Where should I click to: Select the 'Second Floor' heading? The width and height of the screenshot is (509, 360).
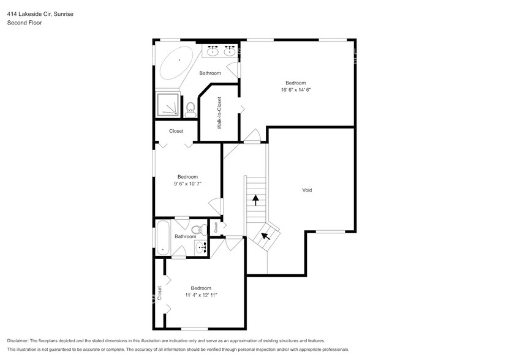(24, 23)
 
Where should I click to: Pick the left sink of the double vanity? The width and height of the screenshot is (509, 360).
(213, 51)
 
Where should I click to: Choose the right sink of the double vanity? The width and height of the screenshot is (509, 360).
(230, 51)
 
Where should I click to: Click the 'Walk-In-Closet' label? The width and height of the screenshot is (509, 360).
(219, 113)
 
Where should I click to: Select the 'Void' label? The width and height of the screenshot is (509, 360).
(307, 190)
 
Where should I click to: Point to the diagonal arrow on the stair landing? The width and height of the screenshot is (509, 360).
(266, 234)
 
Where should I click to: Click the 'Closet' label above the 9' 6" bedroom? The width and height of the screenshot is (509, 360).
(176, 131)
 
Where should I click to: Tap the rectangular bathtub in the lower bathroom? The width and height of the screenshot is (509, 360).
(162, 238)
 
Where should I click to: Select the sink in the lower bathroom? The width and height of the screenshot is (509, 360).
(200, 247)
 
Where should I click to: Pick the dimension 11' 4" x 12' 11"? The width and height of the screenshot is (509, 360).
(201, 294)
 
